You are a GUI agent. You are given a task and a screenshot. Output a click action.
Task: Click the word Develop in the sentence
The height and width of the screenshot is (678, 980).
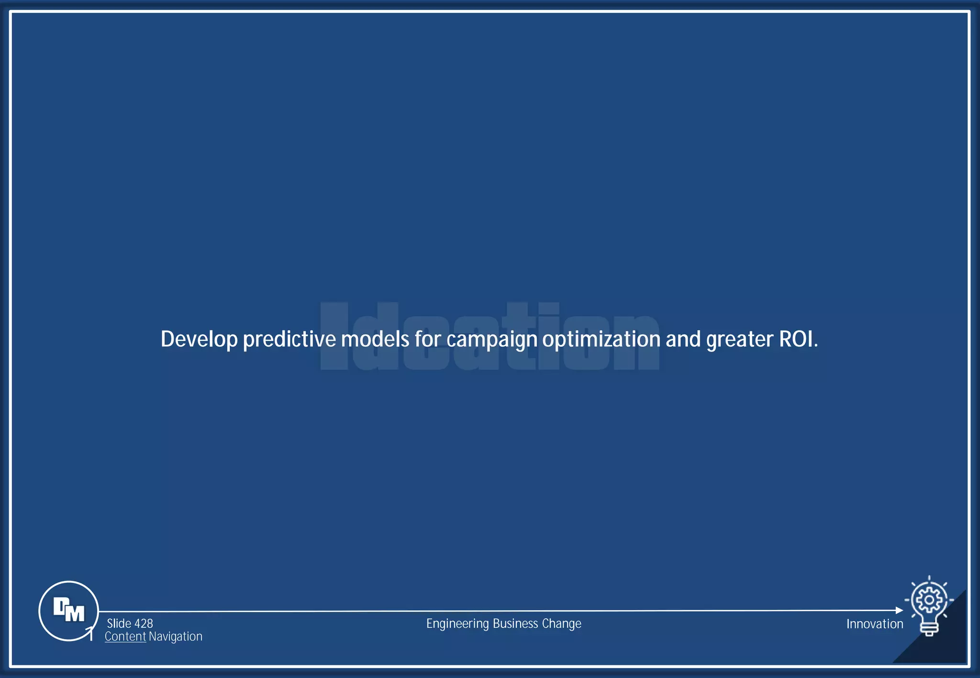click(199, 339)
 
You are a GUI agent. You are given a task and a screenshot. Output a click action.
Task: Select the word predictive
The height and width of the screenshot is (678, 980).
click(290, 339)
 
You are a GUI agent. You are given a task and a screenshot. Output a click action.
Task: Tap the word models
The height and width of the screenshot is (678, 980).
click(375, 339)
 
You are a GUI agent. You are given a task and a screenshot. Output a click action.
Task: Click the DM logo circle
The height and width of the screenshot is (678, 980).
click(68, 611)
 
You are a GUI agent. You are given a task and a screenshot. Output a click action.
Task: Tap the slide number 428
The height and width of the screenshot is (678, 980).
click(143, 623)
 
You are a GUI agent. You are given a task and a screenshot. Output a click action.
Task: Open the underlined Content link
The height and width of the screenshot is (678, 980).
click(125, 636)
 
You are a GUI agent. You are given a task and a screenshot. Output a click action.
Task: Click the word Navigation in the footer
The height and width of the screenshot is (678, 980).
click(176, 637)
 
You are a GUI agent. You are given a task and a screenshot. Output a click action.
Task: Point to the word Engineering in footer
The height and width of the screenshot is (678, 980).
click(457, 624)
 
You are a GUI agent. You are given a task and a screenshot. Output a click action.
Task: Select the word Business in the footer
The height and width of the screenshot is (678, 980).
click(515, 623)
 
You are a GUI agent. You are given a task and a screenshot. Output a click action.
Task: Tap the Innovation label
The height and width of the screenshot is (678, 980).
click(874, 624)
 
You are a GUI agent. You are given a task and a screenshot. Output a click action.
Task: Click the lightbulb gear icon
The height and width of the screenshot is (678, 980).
click(929, 606)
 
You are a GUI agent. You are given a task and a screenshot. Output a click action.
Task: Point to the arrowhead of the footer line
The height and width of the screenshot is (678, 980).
click(899, 611)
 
